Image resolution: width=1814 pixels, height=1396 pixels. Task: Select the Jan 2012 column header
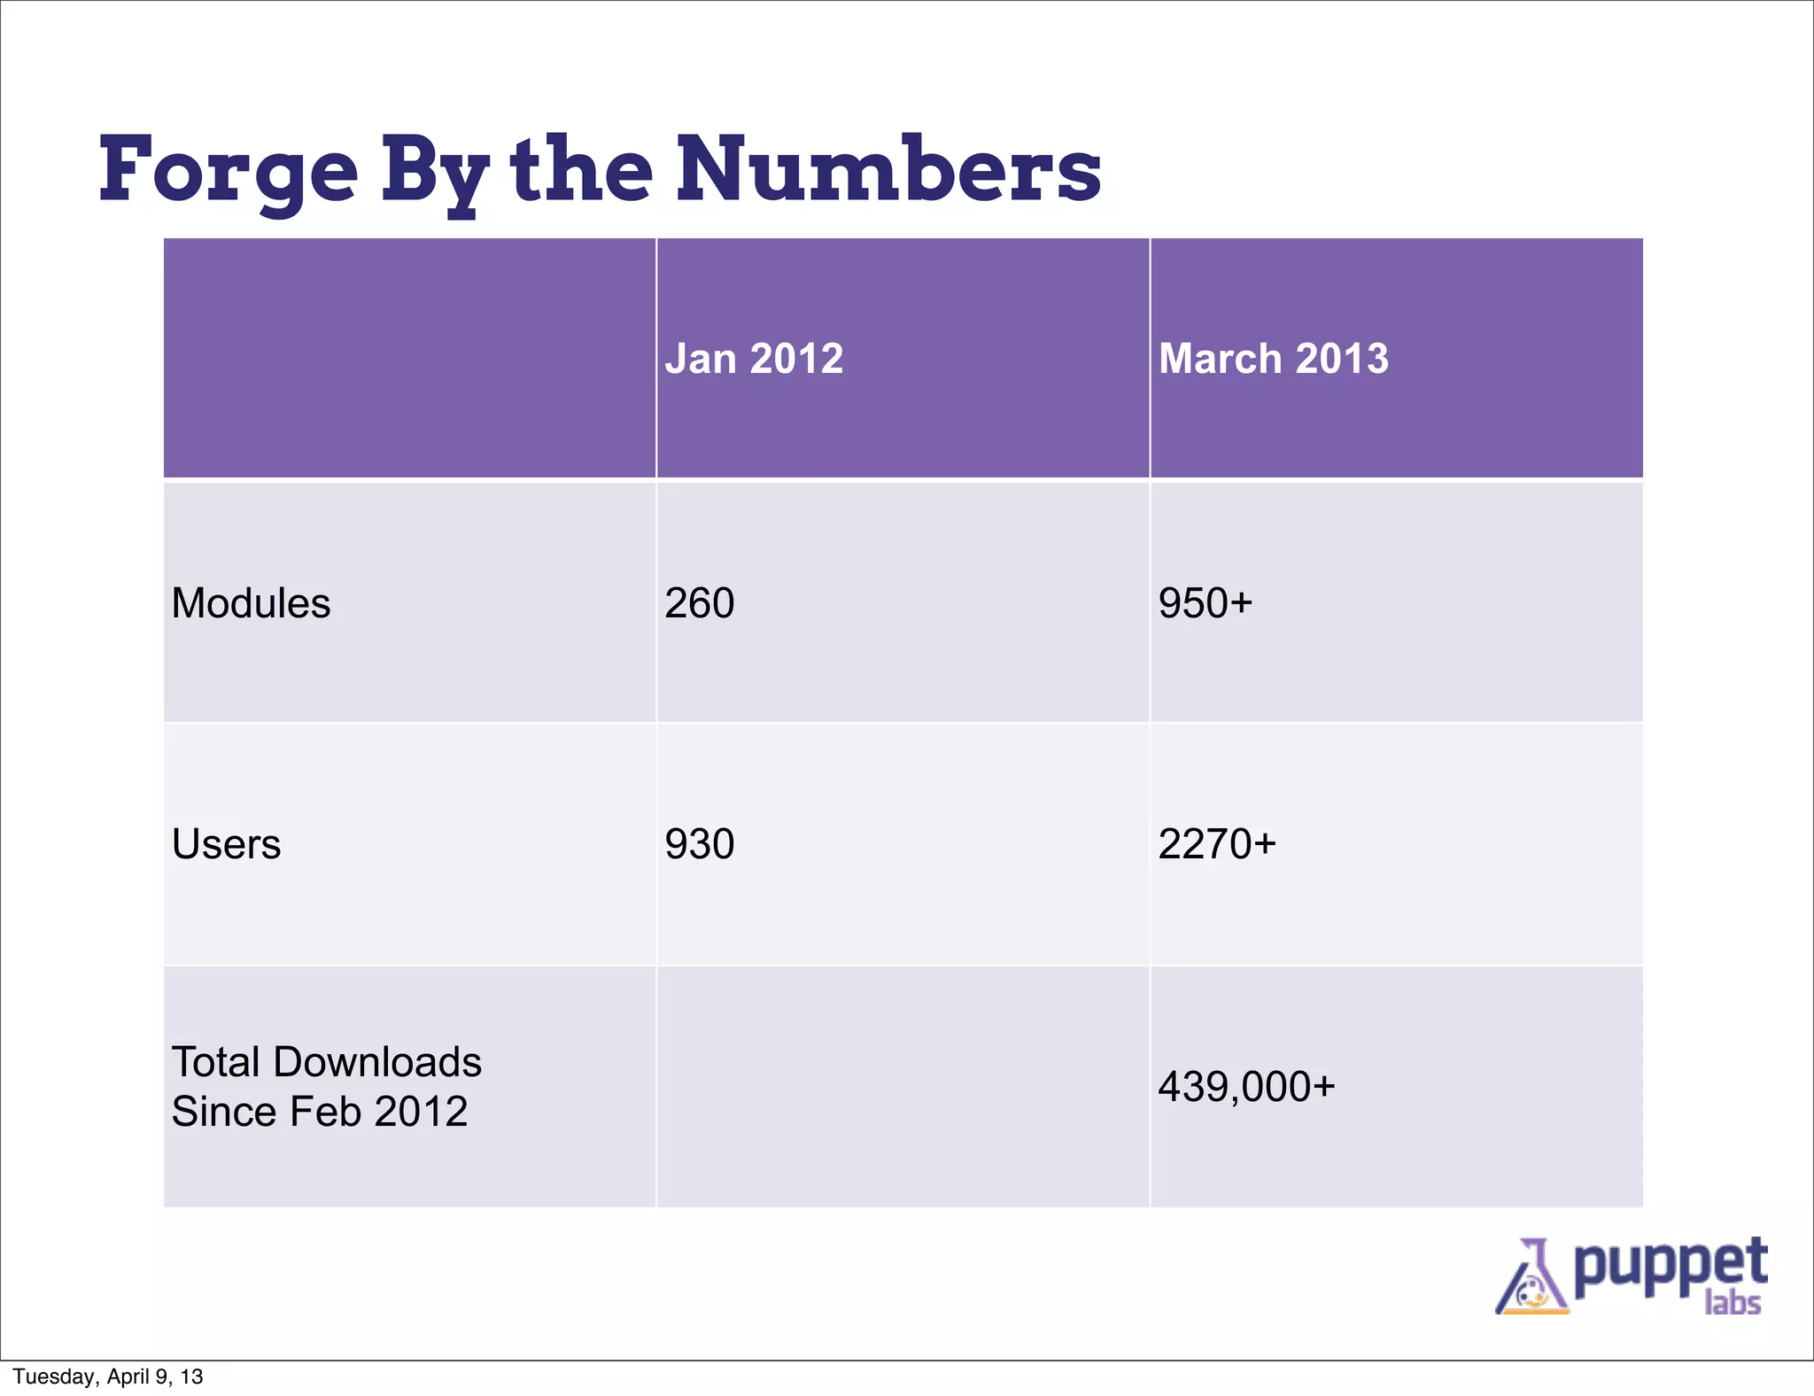pyautogui.click(x=754, y=359)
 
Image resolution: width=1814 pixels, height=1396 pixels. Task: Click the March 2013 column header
pyautogui.click(x=1273, y=359)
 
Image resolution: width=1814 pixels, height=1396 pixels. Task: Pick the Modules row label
pyautogui.click(x=251, y=603)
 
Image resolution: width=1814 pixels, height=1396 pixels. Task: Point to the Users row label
pyautogui.click(x=226, y=844)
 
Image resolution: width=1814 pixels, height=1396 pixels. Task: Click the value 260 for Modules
pyautogui.click(x=700, y=603)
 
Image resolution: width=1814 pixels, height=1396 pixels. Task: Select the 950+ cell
pyautogui.click(x=1205, y=603)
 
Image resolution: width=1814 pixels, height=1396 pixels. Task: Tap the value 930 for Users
pyautogui.click(x=700, y=844)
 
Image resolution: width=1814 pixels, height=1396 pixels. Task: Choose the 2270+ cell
pyautogui.click(x=1217, y=844)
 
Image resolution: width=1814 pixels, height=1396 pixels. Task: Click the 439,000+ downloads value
pyautogui.click(x=1246, y=1086)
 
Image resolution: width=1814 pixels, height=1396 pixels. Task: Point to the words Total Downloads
pyautogui.click(x=326, y=1062)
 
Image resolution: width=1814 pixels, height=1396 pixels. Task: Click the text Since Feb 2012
pyautogui.click(x=319, y=1112)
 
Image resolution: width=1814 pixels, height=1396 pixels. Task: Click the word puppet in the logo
pyautogui.click(x=1671, y=1267)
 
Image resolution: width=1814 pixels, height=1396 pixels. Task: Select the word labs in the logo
pyautogui.click(x=1733, y=1304)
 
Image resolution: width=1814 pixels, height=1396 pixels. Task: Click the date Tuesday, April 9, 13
pyautogui.click(x=108, y=1377)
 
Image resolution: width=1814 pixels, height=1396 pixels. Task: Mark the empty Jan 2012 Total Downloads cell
pyautogui.click(x=903, y=1086)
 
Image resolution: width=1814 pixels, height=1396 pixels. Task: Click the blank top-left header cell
pyautogui.click(x=409, y=359)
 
